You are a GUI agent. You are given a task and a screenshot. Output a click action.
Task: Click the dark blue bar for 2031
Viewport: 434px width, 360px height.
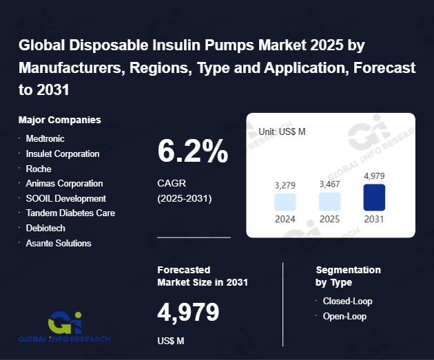click(x=374, y=198)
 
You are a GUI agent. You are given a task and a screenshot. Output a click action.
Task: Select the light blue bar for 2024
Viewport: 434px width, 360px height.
click(x=285, y=202)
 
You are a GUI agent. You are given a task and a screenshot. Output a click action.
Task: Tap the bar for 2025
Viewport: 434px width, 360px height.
click(x=329, y=201)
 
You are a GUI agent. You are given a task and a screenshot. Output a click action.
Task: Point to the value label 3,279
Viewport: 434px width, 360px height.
click(x=285, y=185)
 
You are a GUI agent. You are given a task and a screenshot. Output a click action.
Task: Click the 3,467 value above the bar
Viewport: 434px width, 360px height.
click(x=329, y=184)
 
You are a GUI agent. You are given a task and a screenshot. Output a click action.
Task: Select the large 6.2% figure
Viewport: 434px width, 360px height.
click(x=193, y=151)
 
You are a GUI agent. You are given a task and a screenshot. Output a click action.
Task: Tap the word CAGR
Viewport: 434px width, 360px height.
click(x=172, y=184)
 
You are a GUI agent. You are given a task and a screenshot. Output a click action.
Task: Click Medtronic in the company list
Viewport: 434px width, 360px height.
click(x=45, y=138)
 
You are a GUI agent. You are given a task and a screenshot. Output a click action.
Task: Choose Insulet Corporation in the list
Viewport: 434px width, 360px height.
click(x=62, y=153)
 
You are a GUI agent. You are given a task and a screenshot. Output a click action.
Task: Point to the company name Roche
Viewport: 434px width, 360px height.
click(x=39, y=169)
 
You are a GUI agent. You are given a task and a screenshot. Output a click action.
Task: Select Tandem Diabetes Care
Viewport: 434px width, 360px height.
click(x=70, y=213)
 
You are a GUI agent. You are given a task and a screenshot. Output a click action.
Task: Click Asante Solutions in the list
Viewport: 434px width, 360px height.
click(x=58, y=243)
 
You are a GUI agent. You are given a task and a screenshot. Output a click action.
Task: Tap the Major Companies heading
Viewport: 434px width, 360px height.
click(x=60, y=120)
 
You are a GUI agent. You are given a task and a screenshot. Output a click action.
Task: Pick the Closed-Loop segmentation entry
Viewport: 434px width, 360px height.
click(x=347, y=301)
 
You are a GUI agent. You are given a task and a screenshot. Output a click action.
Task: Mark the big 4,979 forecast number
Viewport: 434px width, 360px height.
click(x=188, y=313)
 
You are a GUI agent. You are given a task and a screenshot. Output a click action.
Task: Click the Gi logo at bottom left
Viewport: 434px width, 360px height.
click(x=66, y=321)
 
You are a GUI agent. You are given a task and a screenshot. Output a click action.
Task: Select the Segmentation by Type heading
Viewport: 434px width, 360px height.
click(x=348, y=276)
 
